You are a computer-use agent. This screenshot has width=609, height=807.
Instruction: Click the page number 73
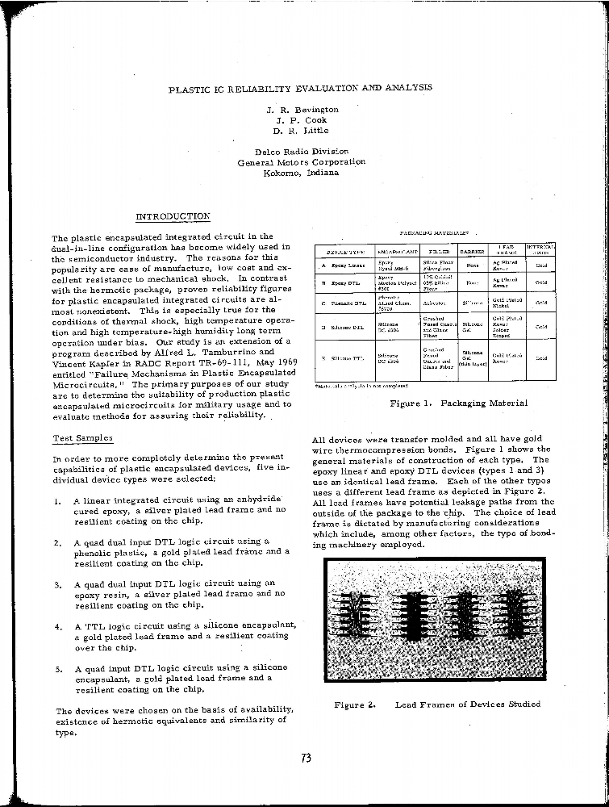pyautogui.click(x=306, y=758)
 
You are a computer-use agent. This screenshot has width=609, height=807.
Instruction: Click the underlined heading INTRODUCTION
pyautogui.click(x=173, y=216)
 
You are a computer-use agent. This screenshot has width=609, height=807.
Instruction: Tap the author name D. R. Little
pyautogui.click(x=301, y=130)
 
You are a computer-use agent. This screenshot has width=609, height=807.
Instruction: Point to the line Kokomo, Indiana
pyautogui.click(x=301, y=173)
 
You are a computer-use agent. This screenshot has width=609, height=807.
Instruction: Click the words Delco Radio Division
pyautogui.click(x=302, y=152)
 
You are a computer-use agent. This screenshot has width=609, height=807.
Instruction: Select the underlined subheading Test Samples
pyautogui.click(x=83, y=438)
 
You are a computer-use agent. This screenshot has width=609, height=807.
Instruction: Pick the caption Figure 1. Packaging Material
pyautogui.click(x=458, y=403)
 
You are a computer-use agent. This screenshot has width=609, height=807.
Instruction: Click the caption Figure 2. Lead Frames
pyautogui.click(x=436, y=705)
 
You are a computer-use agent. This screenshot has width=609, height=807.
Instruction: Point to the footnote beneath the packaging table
pyautogui.click(x=356, y=385)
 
